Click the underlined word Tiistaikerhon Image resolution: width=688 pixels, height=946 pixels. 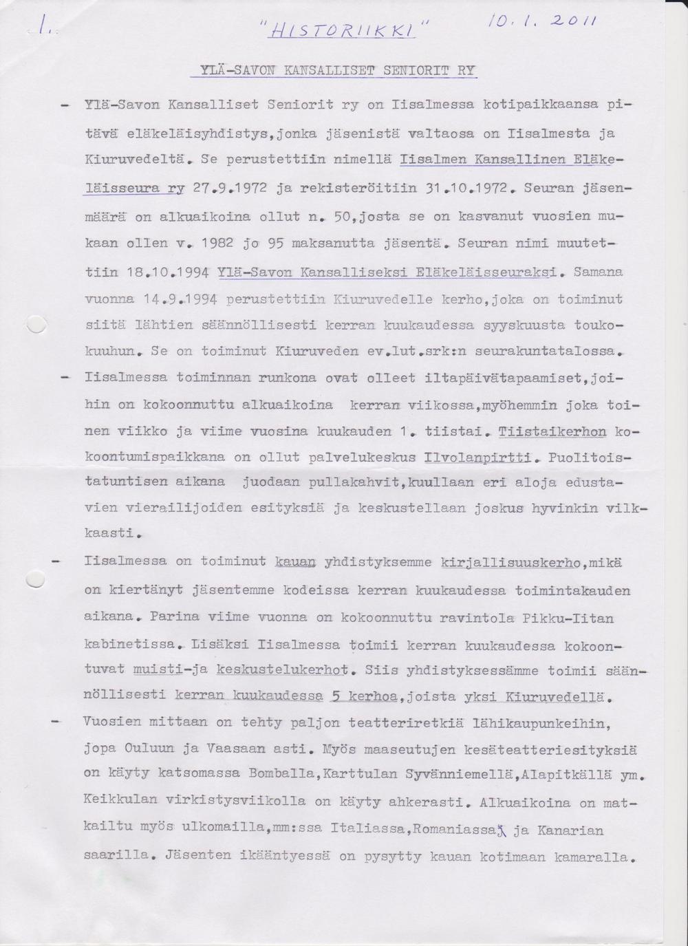click(x=553, y=431)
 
